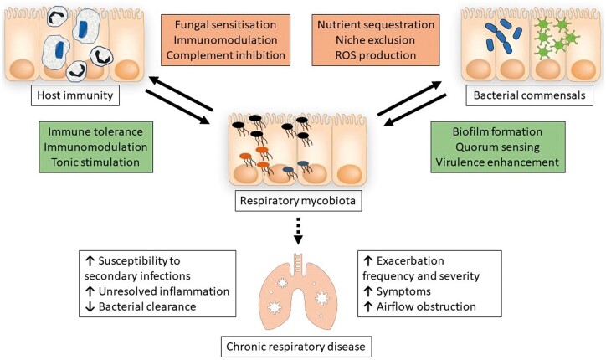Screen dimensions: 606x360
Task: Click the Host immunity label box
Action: pyautogui.click(x=75, y=95)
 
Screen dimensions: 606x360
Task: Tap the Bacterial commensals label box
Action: pyautogui.click(x=529, y=95)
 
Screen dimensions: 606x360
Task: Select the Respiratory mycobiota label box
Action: pyautogui.click(x=298, y=201)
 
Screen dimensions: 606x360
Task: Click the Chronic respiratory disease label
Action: pyautogui.click(x=296, y=347)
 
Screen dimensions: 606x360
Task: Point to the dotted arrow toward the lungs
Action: pyautogui.click(x=298, y=231)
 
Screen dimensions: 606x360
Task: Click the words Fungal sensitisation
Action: pyautogui.click(x=225, y=25)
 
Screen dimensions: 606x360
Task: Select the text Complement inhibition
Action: pyautogui.click(x=225, y=55)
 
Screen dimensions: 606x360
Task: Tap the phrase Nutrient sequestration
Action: pyautogui.click(x=376, y=25)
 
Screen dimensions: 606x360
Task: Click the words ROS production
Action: pyautogui.click(x=376, y=55)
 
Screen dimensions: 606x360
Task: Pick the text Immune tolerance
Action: pyautogui.click(x=95, y=131)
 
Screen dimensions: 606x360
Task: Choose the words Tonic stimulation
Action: pyautogui.click(x=95, y=162)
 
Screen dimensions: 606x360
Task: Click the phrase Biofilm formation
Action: pyautogui.click(x=497, y=131)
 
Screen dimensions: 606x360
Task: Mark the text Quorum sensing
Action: pyautogui.click(x=497, y=147)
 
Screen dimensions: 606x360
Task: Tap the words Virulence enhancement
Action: pyautogui.click(x=497, y=162)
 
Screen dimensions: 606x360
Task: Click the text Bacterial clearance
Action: pyautogui.click(x=147, y=306)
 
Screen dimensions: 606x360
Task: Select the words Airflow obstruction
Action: pyautogui.click(x=426, y=306)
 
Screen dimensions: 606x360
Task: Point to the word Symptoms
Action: pyautogui.click(x=403, y=291)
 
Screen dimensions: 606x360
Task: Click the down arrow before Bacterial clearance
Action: pyautogui.click(x=90, y=306)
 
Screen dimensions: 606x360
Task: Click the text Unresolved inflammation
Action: pyautogui.click(x=164, y=291)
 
